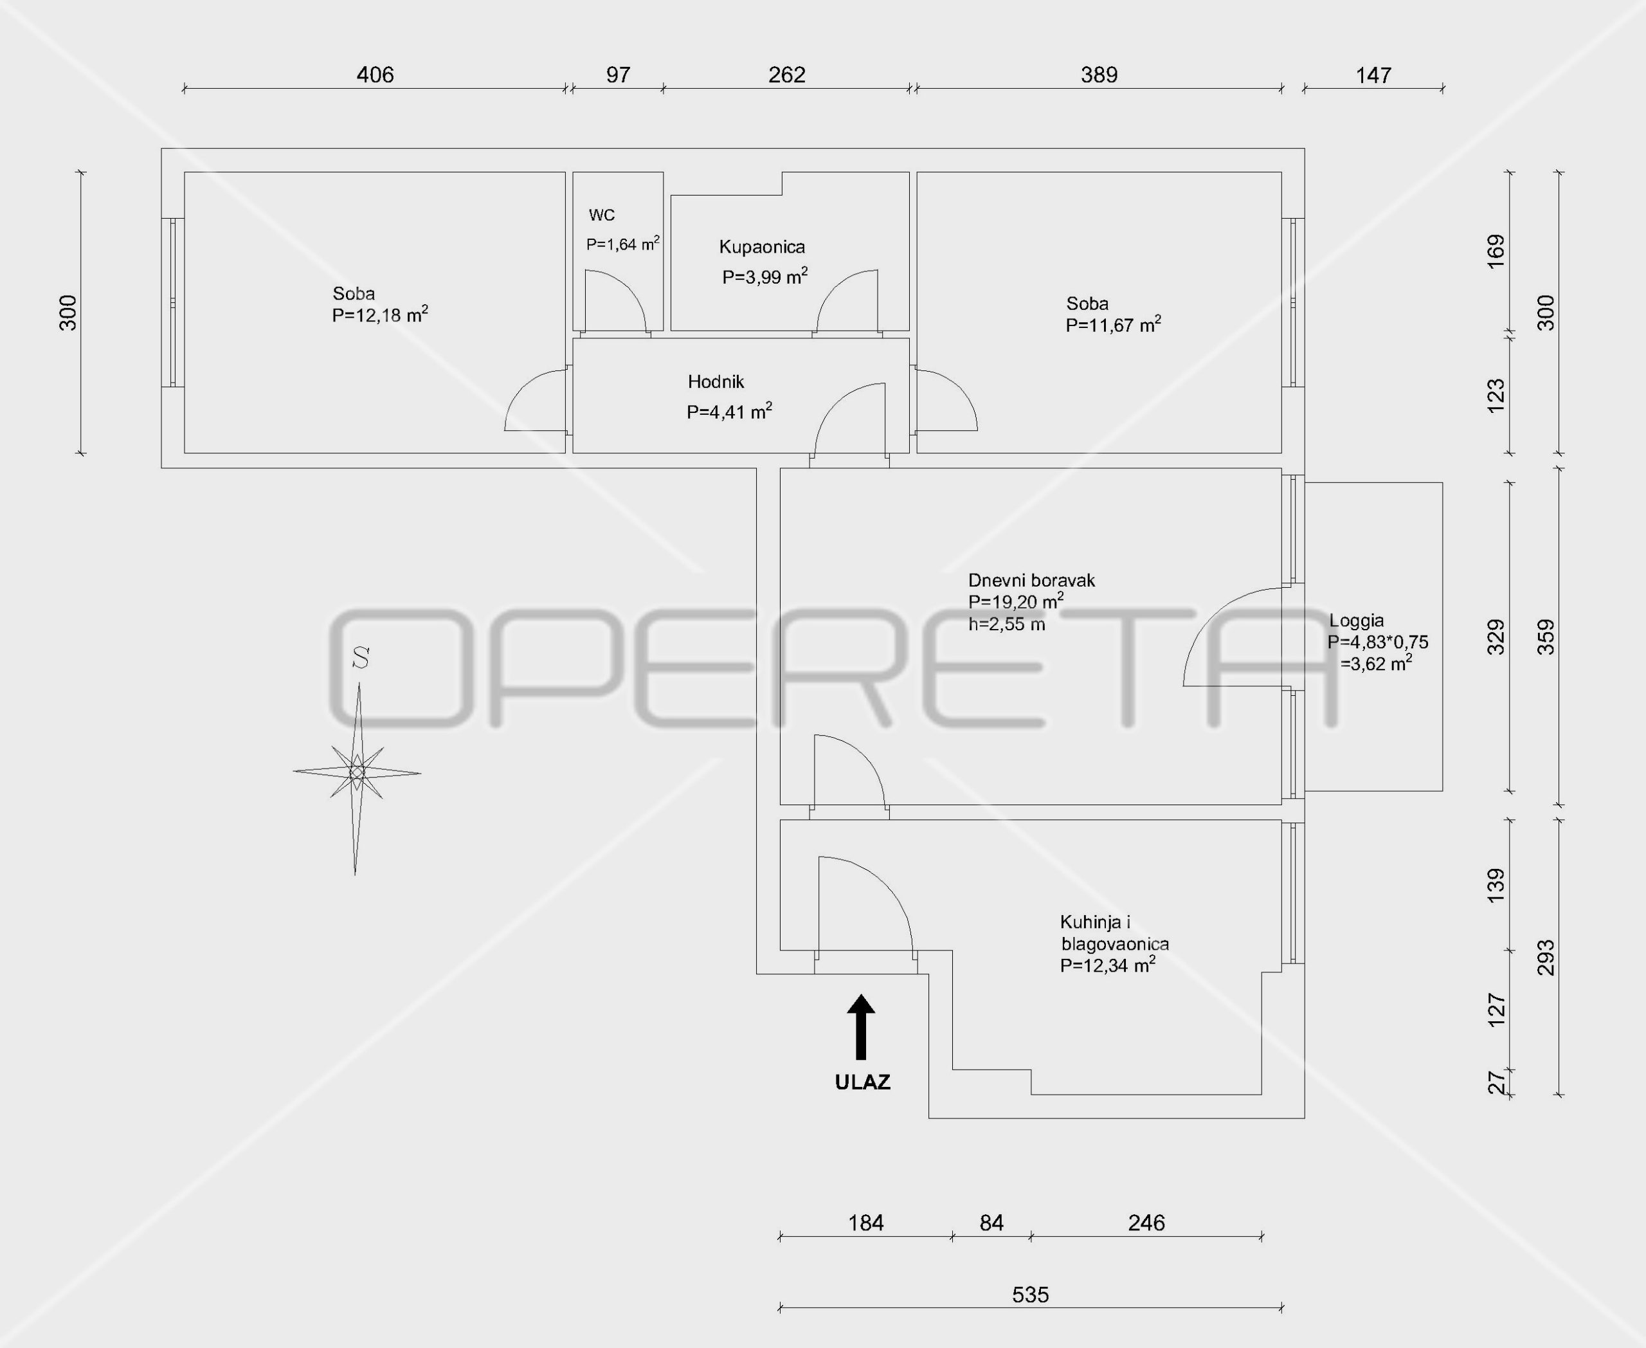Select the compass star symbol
357,772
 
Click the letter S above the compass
360,659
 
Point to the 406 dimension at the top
375,75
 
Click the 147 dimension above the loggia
1373,75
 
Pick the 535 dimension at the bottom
1030,1295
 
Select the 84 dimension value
991,1223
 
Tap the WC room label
602,215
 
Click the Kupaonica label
762,247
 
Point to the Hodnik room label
716,381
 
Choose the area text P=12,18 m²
379,315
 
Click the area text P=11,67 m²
1112,325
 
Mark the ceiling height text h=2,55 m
1006,624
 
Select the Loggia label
1357,621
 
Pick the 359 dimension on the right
1546,636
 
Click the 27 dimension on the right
1496,1082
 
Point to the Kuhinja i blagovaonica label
1114,933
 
